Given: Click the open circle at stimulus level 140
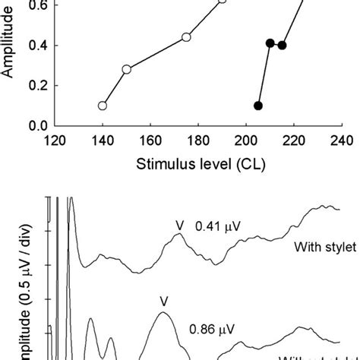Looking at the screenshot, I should (x=103, y=106).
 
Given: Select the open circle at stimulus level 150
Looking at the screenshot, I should (x=127, y=69).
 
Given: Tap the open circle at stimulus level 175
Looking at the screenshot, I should (x=186, y=37).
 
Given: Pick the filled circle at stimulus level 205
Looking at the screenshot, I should (x=258, y=106).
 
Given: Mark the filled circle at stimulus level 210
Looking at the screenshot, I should (x=270, y=43).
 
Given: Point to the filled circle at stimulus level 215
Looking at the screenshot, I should (x=282, y=45).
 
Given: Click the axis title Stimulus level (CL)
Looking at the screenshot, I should (x=197, y=163).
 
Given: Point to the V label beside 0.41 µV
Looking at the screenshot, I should (x=180, y=225).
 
